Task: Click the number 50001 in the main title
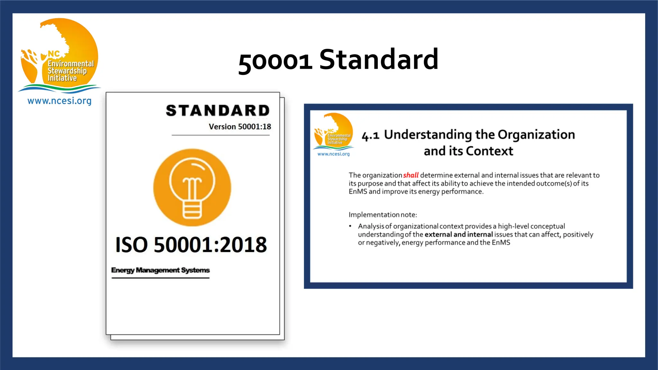tap(275, 61)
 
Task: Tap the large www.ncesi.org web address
tap(59, 101)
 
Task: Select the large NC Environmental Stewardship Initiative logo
tap(59, 55)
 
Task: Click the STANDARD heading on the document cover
tap(218, 110)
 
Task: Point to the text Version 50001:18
tap(240, 127)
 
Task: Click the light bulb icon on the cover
tap(192, 188)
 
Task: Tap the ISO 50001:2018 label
tap(191, 245)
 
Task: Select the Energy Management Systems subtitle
tap(160, 270)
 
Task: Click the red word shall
tap(411, 175)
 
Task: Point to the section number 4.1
tap(370, 136)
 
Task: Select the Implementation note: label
tap(383, 215)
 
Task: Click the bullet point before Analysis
tap(350, 226)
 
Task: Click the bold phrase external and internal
tap(458, 234)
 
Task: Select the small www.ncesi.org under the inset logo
tap(333, 154)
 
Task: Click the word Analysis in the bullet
tap(371, 226)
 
